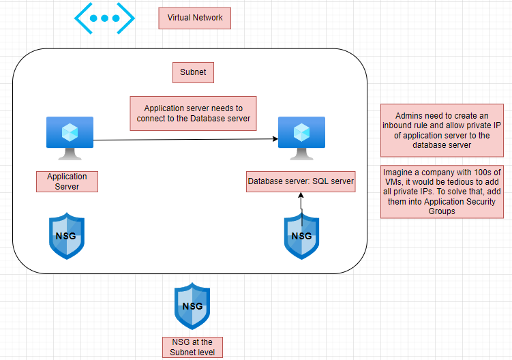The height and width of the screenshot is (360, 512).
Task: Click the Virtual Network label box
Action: [194, 18]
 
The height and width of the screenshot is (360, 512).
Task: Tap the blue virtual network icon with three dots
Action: [104, 18]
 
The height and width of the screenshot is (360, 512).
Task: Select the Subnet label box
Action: [193, 72]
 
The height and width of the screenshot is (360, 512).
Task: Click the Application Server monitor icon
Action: [70, 137]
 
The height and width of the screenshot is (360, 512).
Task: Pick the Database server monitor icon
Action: [301, 137]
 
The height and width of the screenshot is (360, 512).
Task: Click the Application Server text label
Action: [67, 181]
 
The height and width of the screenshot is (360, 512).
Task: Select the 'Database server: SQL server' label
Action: [301, 182]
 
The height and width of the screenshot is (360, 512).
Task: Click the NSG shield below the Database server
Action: [301, 236]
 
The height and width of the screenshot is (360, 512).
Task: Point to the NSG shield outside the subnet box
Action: [192, 306]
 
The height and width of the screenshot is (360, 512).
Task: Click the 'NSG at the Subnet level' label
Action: [192, 347]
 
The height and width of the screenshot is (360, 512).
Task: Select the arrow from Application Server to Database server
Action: [184, 140]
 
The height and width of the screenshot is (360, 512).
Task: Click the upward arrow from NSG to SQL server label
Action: [301, 205]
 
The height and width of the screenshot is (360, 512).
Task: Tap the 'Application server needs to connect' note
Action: [193, 113]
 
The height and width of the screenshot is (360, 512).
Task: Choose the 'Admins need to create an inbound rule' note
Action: [442, 130]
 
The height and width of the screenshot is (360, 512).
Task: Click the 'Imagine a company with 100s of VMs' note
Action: [442, 192]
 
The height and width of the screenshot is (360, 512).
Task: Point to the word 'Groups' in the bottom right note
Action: [442, 211]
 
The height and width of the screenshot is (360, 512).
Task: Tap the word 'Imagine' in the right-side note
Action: [398, 172]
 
